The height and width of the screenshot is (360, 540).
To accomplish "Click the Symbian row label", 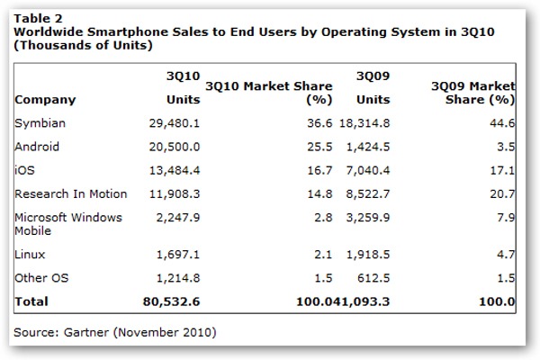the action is coord(40,123).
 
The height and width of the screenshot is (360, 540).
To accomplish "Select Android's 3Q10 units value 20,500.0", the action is coord(175,147).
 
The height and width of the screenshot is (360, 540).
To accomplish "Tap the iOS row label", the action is coord(24,170).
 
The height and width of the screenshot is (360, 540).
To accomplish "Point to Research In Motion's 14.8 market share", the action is coord(319,194).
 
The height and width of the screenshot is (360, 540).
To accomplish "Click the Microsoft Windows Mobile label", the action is coord(68,224).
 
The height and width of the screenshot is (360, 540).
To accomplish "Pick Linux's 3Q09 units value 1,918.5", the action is coord(368,255).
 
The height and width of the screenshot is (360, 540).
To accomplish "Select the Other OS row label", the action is coord(41,278).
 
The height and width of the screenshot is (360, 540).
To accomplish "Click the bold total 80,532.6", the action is coord(171,301).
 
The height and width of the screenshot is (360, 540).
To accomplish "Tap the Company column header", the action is coord(45,100).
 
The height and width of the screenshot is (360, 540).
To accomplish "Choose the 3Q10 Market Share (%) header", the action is coord(269,93).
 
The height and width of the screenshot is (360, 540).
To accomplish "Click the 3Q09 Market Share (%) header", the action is coord(473,93).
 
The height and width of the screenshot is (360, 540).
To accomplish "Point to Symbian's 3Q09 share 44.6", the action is coord(502,123).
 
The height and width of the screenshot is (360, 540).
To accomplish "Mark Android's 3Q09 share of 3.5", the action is coord(506,147).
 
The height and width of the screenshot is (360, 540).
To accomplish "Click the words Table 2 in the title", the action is coord(38,18).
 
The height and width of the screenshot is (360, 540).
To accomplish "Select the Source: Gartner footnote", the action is coord(115,332).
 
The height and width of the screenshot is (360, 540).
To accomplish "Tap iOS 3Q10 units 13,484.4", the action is coord(175,170).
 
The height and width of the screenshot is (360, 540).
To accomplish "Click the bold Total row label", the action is coord(31,301).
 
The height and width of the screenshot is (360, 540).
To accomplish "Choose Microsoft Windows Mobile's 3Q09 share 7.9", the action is coord(506,218).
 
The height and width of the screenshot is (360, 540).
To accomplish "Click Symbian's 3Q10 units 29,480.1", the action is coord(175,123).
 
